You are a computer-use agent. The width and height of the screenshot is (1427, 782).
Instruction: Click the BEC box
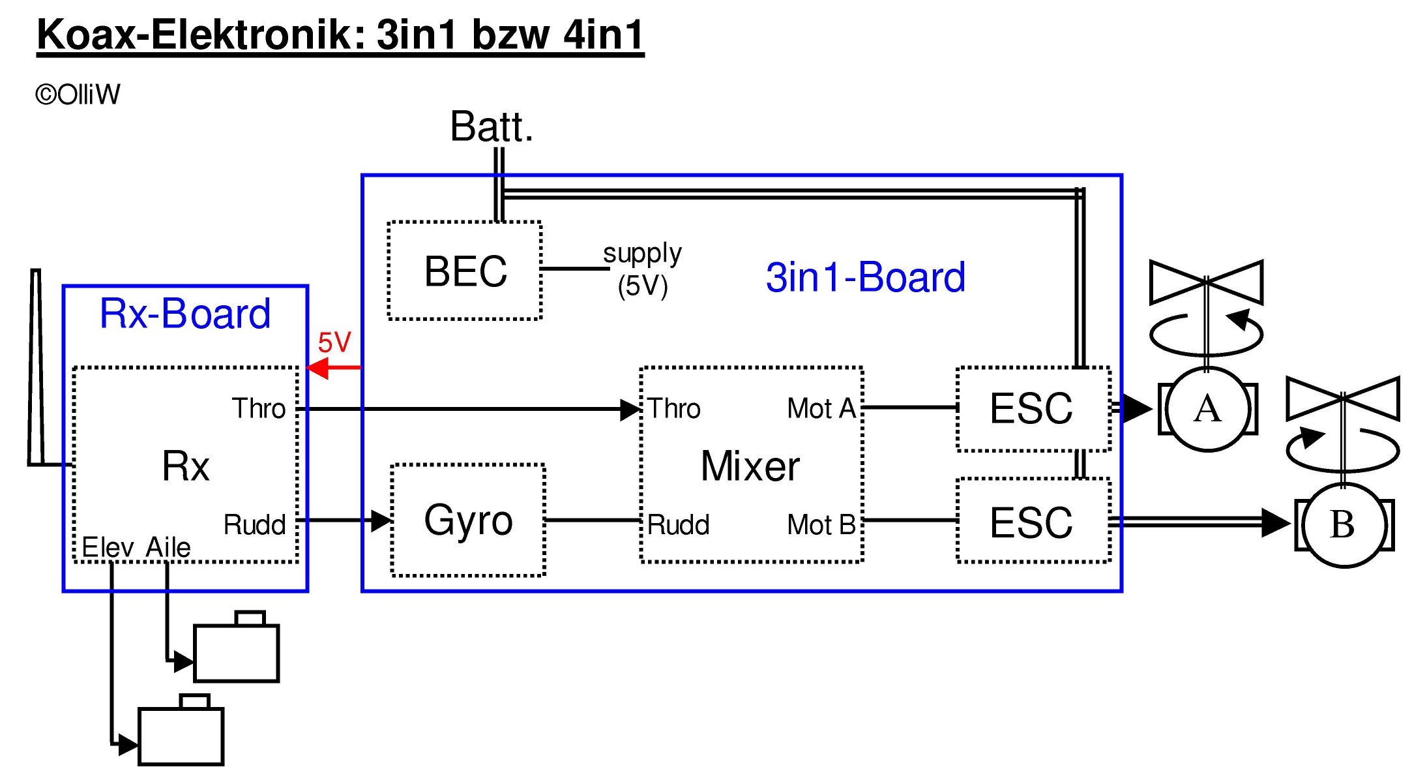pyautogui.click(x=465, y=271)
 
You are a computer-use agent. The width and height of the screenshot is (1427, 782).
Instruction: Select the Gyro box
pyautogui.click(x=468, y=520)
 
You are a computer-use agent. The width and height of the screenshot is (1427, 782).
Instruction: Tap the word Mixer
pyautogui.click(x=750, y=466)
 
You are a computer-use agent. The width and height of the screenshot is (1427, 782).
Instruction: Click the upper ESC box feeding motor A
pyautogui.click(x=1033, y=409)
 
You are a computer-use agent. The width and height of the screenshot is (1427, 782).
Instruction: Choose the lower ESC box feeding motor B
pyautogui.click(x=1033, y=522)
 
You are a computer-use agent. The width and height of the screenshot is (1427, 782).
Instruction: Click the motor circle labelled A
pyautogui.click(x=1207, y=410)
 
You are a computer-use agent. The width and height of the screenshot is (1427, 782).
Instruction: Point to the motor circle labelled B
pyautogui.click(x=1343, y=524)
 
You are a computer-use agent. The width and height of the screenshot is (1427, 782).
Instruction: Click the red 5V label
pyautogui.click(x=334, y=342)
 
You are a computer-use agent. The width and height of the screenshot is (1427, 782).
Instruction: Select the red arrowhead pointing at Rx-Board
pyautogui.click(x=317, y=368)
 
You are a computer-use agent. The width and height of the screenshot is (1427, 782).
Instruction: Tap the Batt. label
pyautogui.click(x=492, y=127)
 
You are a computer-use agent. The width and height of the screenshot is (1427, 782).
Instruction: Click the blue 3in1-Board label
pyautogui.click(x=865, y=277)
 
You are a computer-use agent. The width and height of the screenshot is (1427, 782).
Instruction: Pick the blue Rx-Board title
pyautogui.click(x=185, y=314)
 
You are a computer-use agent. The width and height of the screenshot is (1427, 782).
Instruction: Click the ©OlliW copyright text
pyautogui.click(x=78, y=95)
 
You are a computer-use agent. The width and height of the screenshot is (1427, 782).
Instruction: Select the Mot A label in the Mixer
pyautogui.click(x=821, y=409)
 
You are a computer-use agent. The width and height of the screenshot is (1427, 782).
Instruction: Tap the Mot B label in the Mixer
pyautogui.click(x=821, y=525)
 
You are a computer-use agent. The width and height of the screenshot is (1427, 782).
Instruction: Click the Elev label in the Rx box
pyautogui.click(x=108, y=547)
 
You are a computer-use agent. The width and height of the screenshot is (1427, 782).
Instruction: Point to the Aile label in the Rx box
pyautogui.click(x=168, y=547)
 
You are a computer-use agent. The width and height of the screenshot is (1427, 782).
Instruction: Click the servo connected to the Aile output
pyautogui.click(x=237, y=652)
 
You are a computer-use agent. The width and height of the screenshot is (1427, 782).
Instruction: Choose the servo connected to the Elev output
pyautogui.click(x=181, y=735)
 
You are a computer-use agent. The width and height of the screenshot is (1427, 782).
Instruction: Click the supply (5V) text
pyautogui.click(x=643, y=269)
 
